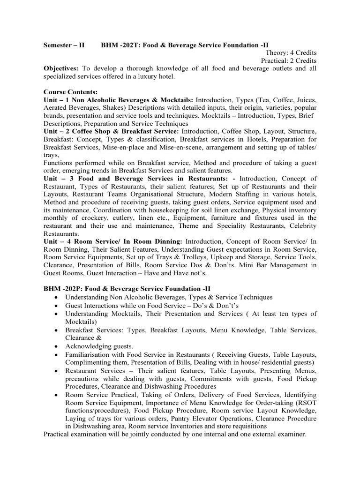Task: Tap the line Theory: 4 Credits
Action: coord(291,53)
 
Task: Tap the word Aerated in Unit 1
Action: coord(56,108)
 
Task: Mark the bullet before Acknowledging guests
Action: coord(57,346)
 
